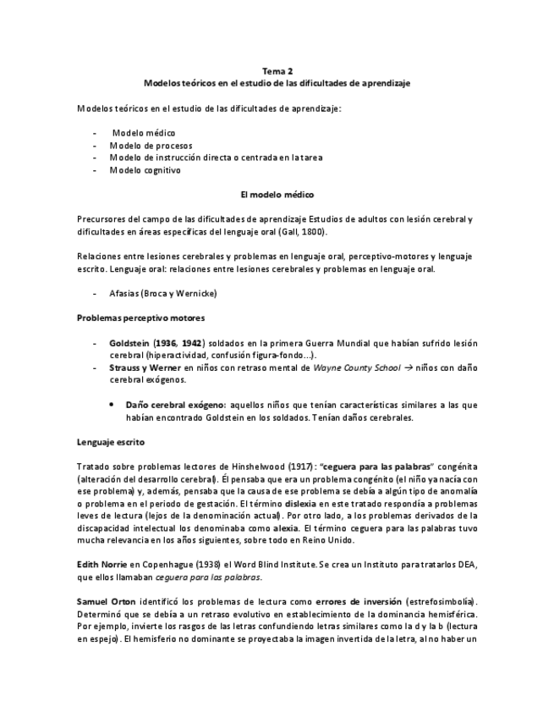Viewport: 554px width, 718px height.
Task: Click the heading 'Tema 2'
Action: (277, 72)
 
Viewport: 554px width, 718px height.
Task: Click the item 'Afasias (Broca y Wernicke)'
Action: (163, 293)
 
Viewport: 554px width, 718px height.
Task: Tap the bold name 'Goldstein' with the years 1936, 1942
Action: (133, 343)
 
